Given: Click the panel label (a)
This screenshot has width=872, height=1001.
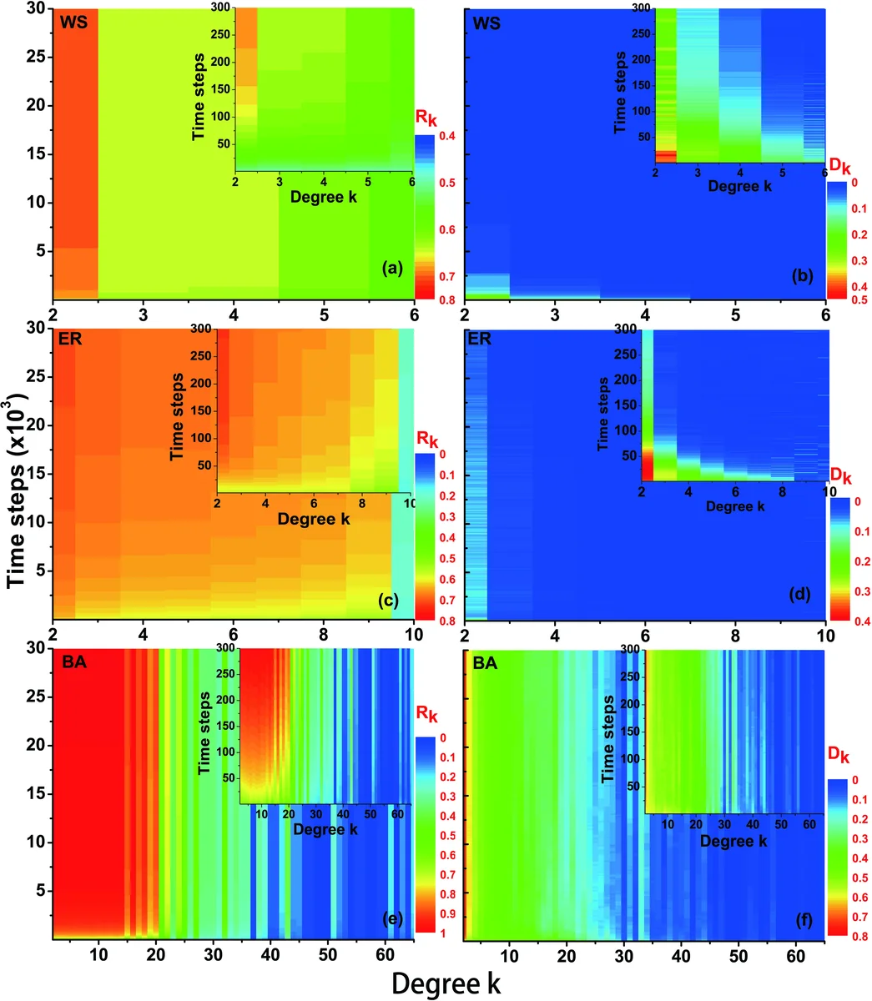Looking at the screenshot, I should click(391, 269).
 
